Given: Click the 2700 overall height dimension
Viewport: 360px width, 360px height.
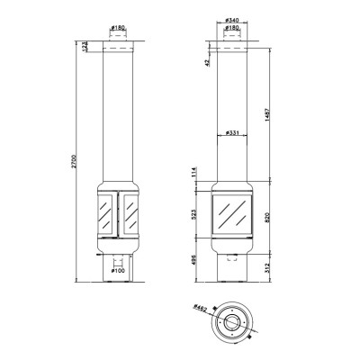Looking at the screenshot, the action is point(74,161).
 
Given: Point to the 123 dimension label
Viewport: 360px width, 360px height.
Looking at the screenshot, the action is point(85,47).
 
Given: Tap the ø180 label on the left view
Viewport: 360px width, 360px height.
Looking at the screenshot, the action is point(117,28).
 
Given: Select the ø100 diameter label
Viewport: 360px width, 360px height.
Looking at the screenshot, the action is point(118,271).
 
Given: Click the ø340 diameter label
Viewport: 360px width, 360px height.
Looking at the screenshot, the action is point(232,21).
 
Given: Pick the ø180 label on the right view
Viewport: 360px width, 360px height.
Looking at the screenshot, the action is point(232,28).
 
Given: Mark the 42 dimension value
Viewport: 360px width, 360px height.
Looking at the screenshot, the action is point(206,62).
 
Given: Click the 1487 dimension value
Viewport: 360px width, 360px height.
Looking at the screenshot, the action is point(268,115).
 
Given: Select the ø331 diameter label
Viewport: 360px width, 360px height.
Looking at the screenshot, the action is point(232,132).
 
